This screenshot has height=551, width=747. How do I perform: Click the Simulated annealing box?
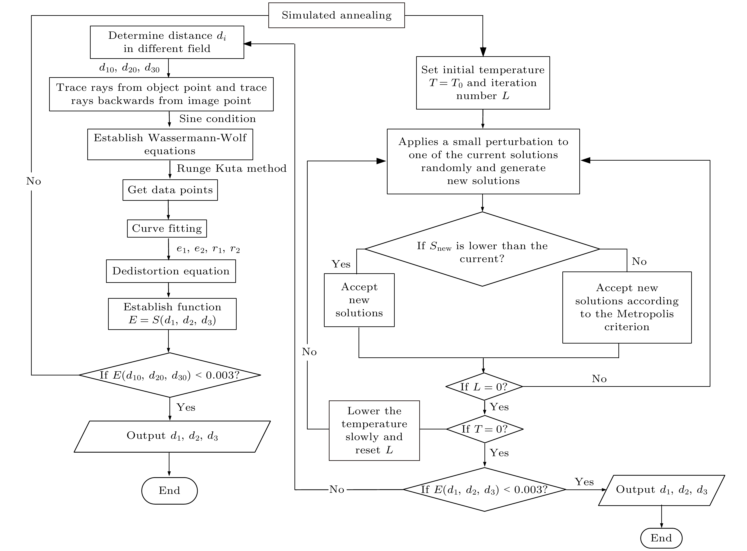coord(336,15)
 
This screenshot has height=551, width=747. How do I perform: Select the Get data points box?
coord(170,190)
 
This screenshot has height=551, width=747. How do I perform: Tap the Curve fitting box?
coord(167,228)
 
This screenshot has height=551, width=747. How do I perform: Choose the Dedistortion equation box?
coord(171,271)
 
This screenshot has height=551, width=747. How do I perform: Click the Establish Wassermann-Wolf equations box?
coord(170,144)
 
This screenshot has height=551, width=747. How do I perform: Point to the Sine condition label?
coord(217,119)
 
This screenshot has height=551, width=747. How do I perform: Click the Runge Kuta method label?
coord(231,168)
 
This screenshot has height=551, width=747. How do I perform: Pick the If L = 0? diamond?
coord(484,387)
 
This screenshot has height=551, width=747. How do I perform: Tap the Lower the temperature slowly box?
coord(374,431)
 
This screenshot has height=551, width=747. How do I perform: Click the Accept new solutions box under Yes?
coord(359,300)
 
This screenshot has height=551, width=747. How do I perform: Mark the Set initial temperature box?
coord(483,83)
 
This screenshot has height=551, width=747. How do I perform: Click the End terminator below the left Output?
coord(169,491)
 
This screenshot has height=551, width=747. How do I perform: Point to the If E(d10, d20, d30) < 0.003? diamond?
coord(170,375)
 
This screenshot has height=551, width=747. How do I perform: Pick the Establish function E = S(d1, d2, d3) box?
coord(172,314)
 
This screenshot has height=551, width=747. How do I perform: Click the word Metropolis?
coord(645,314)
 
